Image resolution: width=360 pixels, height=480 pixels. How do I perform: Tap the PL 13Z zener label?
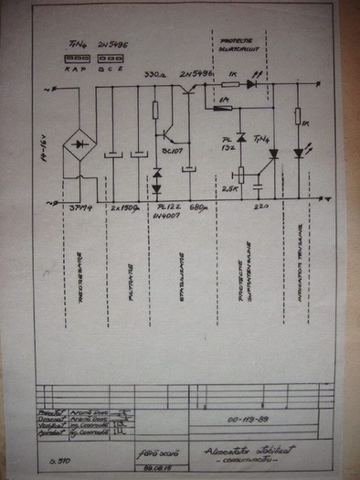pos(230,142)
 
